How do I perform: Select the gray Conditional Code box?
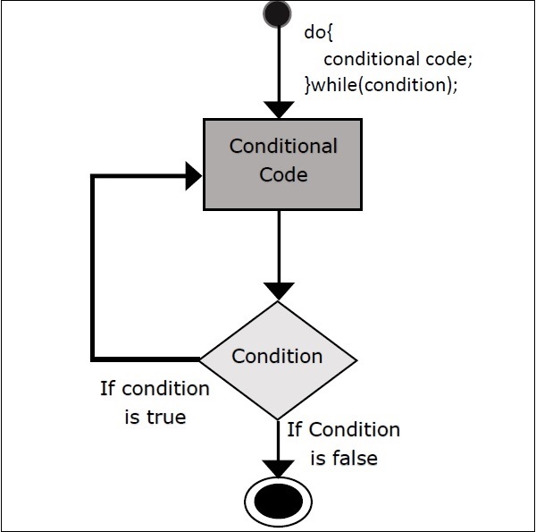click(x=282, y=165)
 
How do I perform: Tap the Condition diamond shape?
click(x=278, y=359)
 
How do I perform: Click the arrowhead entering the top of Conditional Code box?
click(x=280, y=110)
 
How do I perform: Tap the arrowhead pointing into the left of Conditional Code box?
click(x=192, y=176)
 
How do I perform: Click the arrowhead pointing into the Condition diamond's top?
click(x=280, y=291)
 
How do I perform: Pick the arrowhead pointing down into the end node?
click(x=280, y=469)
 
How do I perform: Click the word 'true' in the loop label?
click(x=167, y=416)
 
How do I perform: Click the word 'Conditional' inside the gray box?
click(x=283, y=146)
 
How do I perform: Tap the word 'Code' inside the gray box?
click(x=283, y=173)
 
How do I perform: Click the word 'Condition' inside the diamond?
click(x=277, y=356)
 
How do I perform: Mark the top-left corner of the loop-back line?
click(x=94, y=176)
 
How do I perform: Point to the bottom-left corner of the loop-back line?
click(x=94, y=359)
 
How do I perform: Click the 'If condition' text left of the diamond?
click(x=154, y=389)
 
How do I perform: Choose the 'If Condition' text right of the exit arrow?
click(x=344, y=429)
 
